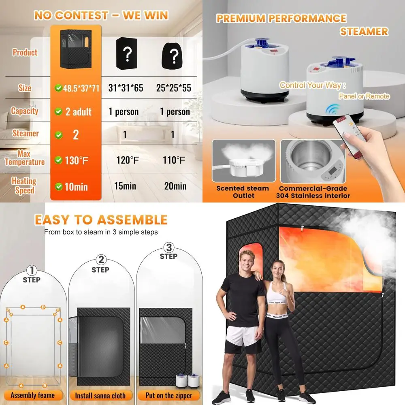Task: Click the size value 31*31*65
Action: (126, 88)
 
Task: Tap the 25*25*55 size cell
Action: (174, 88)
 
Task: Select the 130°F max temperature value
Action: (77, 160)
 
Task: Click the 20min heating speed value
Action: (175, 186)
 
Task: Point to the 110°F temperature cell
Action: (174, 160)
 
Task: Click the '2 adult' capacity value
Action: (78, 111)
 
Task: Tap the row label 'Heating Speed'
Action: (24, 185)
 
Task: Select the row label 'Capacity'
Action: (24, 111)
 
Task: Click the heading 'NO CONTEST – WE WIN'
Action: (101, 15)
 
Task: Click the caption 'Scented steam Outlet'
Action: (242, 192)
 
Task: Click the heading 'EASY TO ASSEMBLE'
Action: (101, 220)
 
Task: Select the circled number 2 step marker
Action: (101, 260)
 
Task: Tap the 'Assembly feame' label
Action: (32, 395)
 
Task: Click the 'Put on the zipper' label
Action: (170, 395)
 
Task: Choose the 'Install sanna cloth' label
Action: (100, 395)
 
